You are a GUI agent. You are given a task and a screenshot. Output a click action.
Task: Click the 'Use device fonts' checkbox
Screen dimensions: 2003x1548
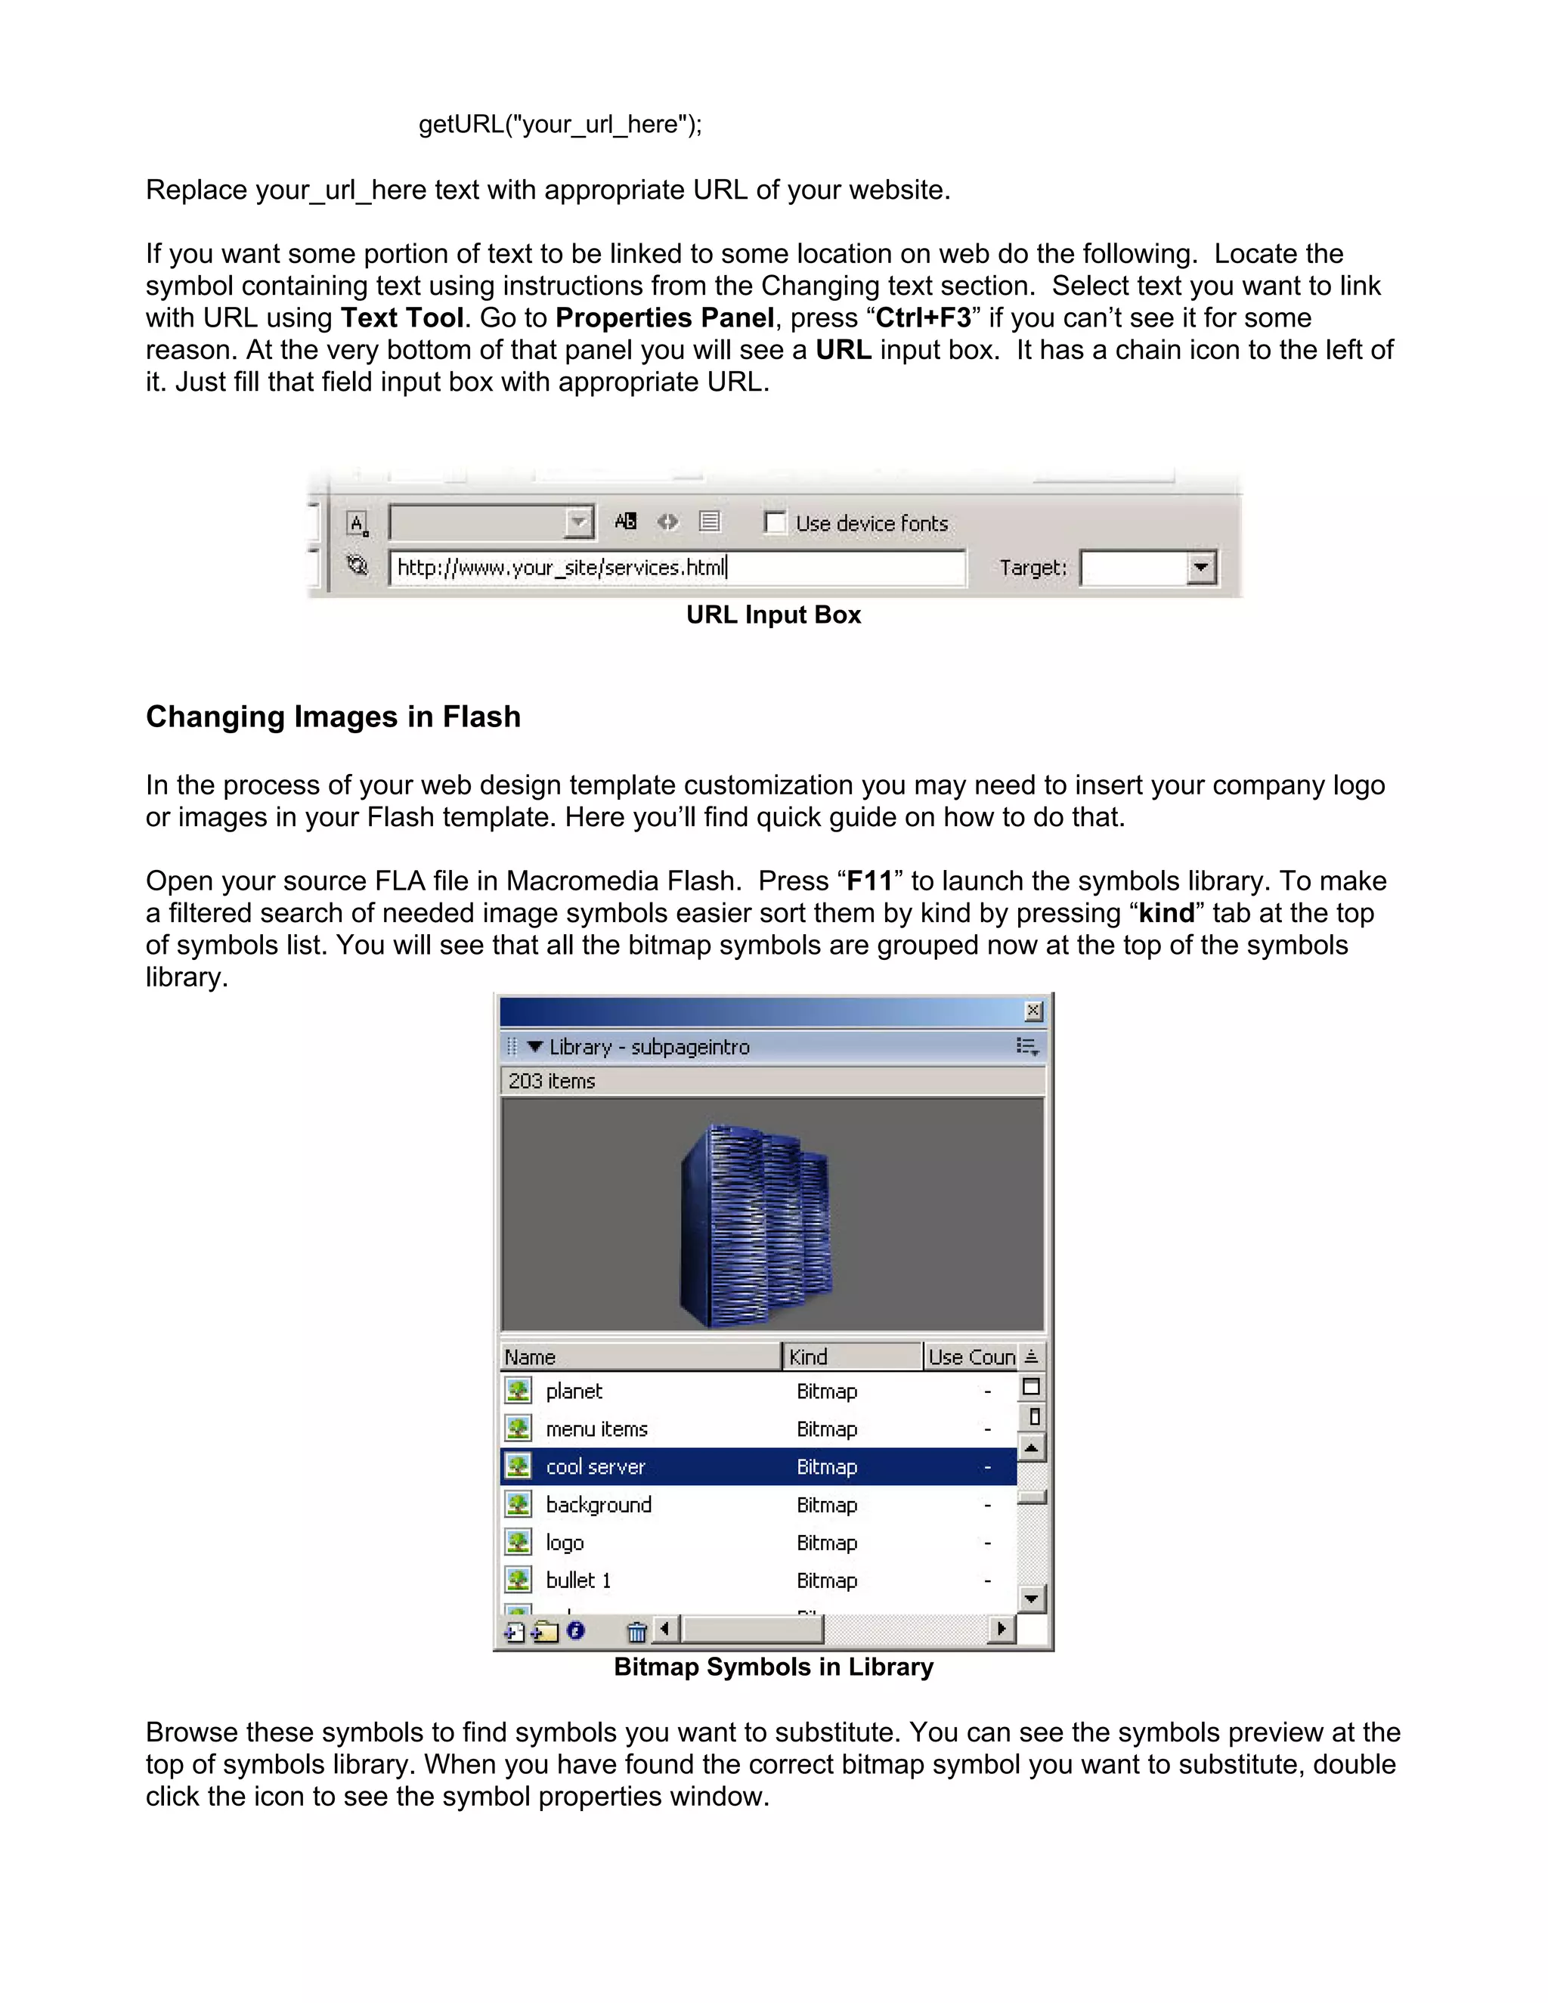(775, 523)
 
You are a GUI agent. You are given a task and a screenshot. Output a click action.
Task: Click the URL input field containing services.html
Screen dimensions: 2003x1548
(676, 568)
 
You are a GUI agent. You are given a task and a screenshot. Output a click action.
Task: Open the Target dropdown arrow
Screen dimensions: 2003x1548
(1200, 568)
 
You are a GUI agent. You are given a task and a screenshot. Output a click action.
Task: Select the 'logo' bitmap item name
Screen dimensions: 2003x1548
(565, 1543)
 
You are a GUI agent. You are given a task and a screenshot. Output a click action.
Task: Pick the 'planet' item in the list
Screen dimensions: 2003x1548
(574, 1392)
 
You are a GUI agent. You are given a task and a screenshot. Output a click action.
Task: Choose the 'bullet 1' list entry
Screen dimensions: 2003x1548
(579, 1580)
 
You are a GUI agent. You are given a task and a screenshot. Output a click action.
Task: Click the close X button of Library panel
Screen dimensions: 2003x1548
(1033, 1011)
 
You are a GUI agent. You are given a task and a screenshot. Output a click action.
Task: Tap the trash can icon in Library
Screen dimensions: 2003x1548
(636, 1632)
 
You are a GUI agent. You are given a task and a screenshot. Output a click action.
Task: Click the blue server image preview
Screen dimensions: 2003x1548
(757, 1224)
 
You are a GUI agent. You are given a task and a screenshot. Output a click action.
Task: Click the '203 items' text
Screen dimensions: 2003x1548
(552, 1082)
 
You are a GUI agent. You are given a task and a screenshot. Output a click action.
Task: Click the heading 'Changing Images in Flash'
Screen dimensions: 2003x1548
(333, 717)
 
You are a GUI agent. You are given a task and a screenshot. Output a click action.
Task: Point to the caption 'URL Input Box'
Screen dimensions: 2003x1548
(773, 615)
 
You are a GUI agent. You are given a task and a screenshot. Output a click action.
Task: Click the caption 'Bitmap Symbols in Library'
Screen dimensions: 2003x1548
(773, 1667)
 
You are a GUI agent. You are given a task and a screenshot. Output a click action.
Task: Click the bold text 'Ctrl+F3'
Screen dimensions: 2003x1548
(923, 318)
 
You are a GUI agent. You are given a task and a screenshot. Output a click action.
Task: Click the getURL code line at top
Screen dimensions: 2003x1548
(560, 125)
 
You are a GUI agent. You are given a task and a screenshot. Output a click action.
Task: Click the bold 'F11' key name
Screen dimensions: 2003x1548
(869, 881)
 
